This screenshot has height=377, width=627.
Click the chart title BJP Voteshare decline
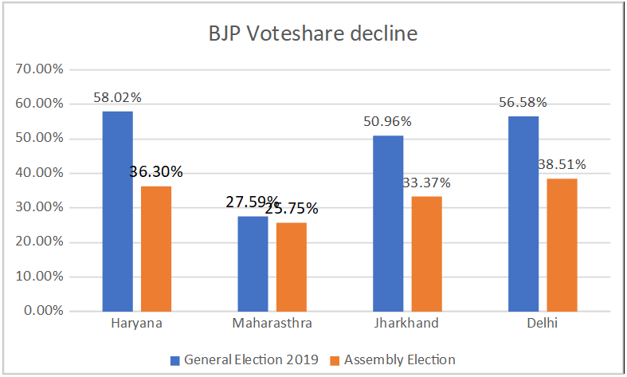tap(313, 35)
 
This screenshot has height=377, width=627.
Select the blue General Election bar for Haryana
tap(118, 211)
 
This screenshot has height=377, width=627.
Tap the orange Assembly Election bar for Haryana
tap(156, 248)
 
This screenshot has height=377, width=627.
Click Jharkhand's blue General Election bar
tap(388, 223)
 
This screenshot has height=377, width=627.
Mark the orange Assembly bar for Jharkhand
tap(426, 253)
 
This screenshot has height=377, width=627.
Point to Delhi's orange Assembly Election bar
tap(562, 245)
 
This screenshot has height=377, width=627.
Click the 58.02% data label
tap(118, 98)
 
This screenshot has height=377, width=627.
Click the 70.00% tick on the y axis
tap(40, 69)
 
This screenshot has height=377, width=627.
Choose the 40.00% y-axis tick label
tap(40, 173)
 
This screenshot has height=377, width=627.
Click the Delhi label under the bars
tap(543, 324)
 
